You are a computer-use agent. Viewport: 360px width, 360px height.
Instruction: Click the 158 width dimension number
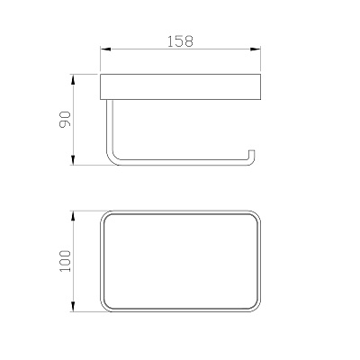pos(180,41)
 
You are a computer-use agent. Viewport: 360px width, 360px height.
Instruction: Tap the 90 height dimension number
pos(65,119)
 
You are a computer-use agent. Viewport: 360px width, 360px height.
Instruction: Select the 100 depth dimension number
pos(65,261)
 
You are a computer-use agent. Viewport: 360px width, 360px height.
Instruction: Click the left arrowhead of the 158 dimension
pos(105,49)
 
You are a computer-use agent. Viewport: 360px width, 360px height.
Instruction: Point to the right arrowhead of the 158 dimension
pos(256,49)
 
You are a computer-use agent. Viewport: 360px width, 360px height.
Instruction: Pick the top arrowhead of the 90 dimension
pos(74,79)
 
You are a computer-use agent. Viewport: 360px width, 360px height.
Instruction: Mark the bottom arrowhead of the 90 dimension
pos(74,159)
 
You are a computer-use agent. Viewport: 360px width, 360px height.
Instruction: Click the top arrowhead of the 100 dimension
pos(74,216)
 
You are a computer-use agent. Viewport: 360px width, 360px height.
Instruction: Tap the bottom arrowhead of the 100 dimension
pos(74,306)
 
